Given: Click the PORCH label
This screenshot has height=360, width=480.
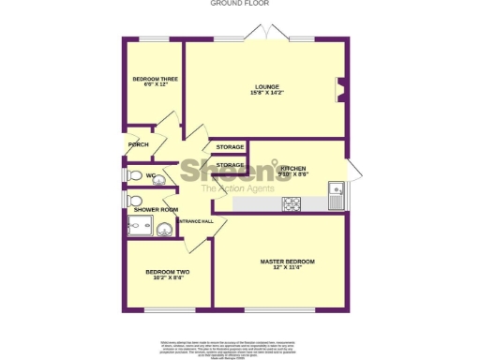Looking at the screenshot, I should pyautogui.click(x=139, y=144).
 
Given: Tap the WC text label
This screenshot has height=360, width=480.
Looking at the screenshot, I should pyautogui.click(x=150, y=175).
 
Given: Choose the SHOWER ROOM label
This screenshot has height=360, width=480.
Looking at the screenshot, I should pyautogui.click(x=156, y=210).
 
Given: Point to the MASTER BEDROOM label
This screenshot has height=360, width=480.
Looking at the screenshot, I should pyautogui.click(x=287, y=261).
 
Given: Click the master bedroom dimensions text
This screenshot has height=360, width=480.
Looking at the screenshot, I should pyautogui.click(x=287, y=268).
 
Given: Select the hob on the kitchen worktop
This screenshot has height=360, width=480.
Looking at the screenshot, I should pyautogui.click(x=292, y=203).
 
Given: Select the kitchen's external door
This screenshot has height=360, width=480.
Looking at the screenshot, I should pyautogui.click(x=352, y=171).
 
